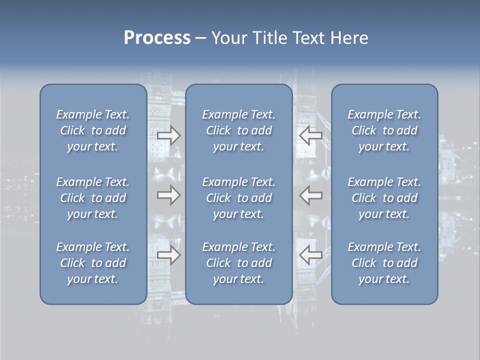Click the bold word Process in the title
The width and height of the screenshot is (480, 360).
(157, 38)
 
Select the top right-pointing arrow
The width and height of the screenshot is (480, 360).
(168, 135)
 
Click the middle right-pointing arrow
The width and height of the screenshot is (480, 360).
(168, 194)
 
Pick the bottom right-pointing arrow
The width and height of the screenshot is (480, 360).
(168, 255)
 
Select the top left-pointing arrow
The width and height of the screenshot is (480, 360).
(311, 135)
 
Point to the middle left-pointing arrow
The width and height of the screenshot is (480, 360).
(311, 194)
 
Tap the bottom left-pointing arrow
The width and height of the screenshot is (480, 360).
(311, 255)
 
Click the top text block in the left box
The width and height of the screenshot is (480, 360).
(93, 130)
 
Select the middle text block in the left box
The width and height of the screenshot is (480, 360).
(93, 198)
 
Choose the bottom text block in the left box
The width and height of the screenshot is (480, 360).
(93, 263)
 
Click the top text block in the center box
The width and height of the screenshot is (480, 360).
(238, 130)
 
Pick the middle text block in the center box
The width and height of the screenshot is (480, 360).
(238, 198)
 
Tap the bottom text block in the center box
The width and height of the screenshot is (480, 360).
(238, 263)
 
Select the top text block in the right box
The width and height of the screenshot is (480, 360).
(384, 130)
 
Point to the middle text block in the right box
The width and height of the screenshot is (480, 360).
(384, 198)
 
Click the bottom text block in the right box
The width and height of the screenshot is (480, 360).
(384, 263)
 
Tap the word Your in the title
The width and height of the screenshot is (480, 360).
(228, 38)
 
